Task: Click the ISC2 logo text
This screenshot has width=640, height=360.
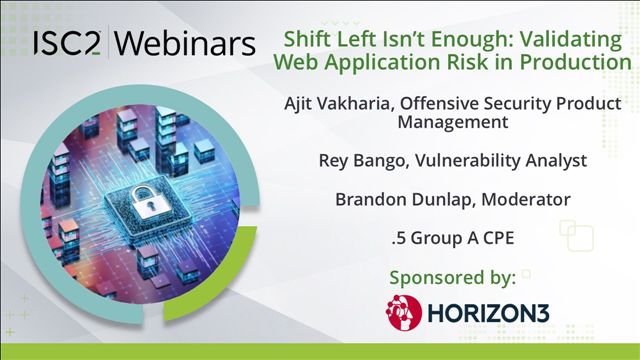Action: click(67, 43)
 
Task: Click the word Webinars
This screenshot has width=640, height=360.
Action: click(185, 43)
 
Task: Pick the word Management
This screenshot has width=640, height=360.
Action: click(453, 122)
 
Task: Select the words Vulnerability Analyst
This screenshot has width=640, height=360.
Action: click(501, 161)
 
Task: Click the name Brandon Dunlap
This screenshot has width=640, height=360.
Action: click(404, 200)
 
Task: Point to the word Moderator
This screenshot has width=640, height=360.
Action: click(526, 200)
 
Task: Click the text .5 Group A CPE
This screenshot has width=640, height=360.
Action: click(453, 238)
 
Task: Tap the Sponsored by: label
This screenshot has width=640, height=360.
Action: click(452, 278)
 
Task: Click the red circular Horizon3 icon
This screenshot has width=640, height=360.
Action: click(404, 313)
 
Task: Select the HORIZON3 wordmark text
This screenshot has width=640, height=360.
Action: click(488, 313)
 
